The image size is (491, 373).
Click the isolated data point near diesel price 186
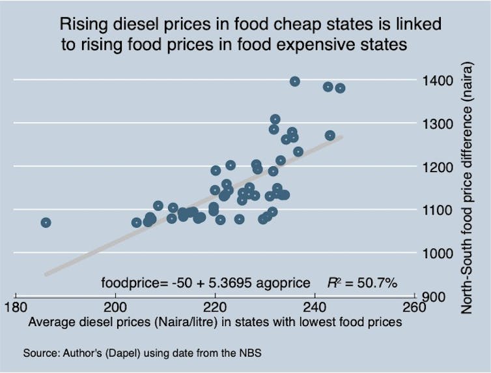[46, 222]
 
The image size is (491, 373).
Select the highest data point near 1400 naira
[294, 82]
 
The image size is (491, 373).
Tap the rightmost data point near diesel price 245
[340, 88]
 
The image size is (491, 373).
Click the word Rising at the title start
[81, 25]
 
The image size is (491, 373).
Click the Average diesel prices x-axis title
[215, 321]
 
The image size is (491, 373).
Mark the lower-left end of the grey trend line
[46, 275]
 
